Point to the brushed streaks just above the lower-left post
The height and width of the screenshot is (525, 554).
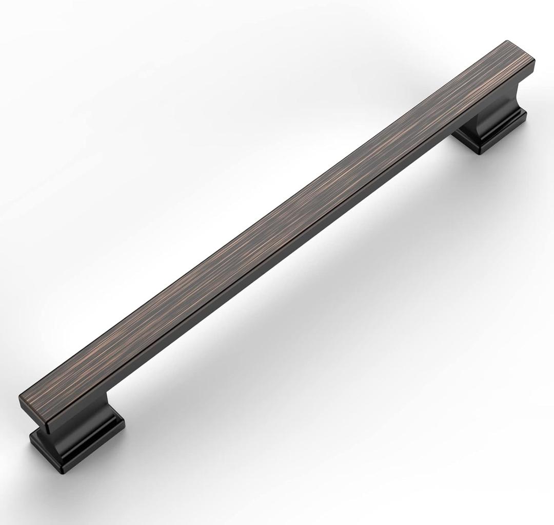(x=77, y=380)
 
